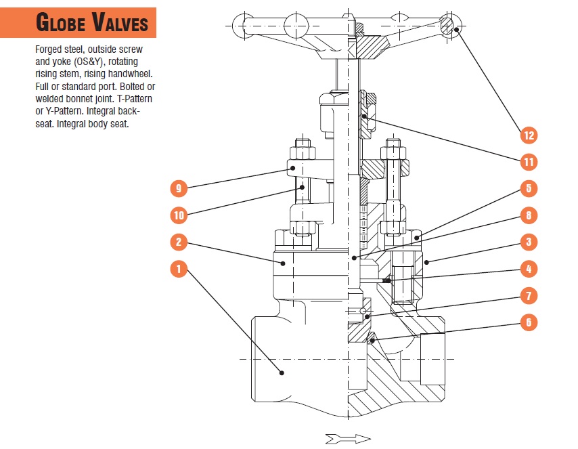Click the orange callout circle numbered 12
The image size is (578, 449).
point(529,135)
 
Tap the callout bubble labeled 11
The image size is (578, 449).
point(529,162)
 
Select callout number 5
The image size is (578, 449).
point(529,188)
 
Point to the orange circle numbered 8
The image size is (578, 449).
point(529,215)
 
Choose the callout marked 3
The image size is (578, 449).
point(529,242)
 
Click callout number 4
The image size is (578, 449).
point(529,269)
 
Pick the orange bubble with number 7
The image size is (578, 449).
point(529,295)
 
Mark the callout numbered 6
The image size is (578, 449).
point(529,322)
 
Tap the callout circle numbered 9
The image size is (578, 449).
point(179,188)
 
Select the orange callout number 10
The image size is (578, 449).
point(179,215)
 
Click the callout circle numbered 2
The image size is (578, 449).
point(179,242)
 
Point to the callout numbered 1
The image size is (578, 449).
point(179,269)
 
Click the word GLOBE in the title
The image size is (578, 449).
point(62,24)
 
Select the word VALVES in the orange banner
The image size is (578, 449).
point(120,24)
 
